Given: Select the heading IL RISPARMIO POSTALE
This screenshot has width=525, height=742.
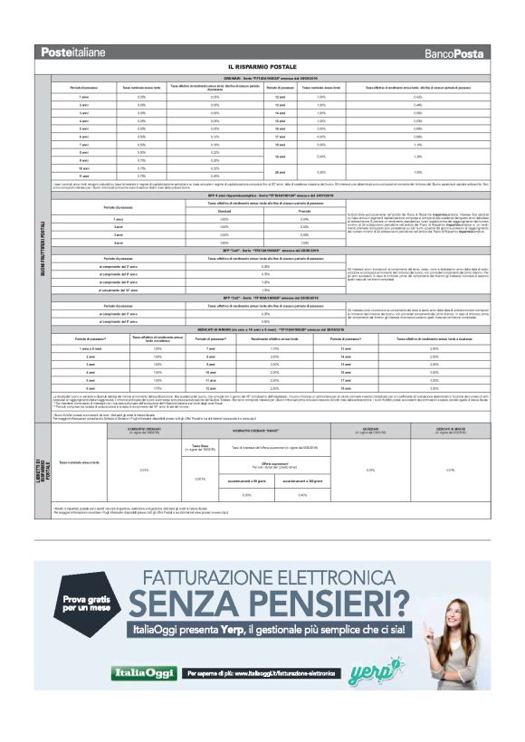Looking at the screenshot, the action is coord(262,68).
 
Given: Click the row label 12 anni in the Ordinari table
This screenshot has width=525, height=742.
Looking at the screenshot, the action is coord(279,96).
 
